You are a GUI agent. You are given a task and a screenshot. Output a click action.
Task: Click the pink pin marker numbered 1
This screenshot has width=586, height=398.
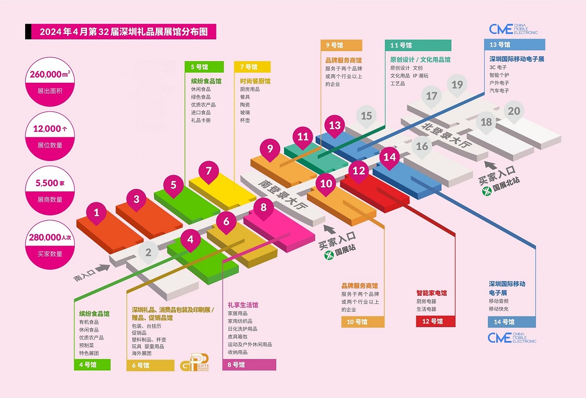[97, 213]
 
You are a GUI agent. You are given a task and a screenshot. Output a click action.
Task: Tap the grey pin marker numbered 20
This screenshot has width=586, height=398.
[514, 111]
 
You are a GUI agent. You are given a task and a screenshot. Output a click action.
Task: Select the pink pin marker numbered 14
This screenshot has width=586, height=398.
[390, 157]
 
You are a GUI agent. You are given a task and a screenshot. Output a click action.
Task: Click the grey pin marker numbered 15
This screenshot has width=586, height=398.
[366, 116]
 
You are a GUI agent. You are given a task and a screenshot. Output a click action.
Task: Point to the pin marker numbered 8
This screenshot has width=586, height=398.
[264, 207]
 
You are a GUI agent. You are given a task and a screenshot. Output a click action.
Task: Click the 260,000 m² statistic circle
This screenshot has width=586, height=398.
[48, 80]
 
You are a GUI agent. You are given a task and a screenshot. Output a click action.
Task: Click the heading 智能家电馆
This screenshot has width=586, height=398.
[432, 293]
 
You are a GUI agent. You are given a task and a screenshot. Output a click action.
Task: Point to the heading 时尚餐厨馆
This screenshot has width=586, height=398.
[255, 81]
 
